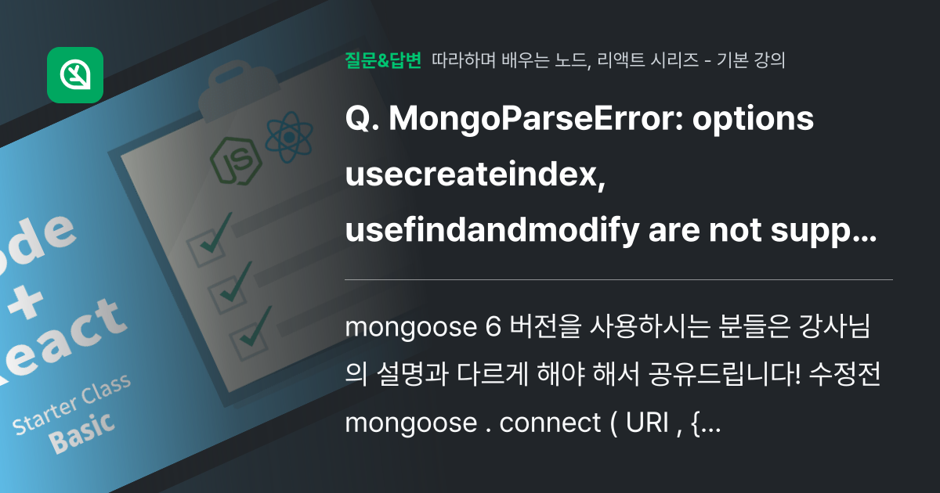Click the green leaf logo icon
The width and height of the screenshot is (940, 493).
point(75,75)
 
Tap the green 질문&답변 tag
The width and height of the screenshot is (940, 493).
point(383,60)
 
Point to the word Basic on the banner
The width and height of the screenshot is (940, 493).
point(82,430)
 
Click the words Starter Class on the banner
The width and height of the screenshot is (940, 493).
point(71,406)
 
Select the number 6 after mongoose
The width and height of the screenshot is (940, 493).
point(493,327)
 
